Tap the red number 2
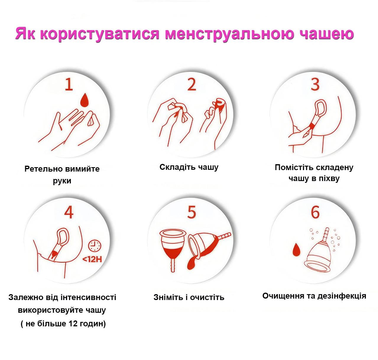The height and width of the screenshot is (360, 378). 192,84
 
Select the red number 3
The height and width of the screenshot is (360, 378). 315,84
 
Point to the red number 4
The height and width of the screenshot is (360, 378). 69,212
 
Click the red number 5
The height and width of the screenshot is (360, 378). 192,212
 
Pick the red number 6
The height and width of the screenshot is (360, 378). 315,212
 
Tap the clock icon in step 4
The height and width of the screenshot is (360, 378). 95,246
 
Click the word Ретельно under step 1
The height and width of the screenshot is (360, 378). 43,169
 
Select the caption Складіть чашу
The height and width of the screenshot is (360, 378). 189,167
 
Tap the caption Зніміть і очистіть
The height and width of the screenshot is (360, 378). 189,297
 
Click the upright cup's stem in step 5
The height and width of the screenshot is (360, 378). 173,264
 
